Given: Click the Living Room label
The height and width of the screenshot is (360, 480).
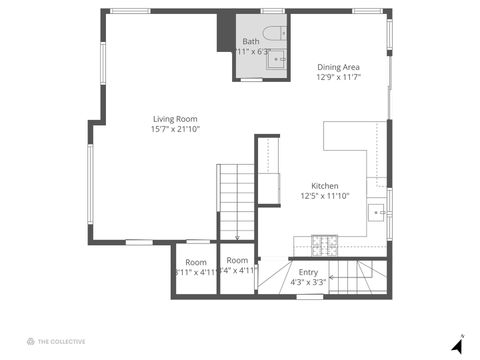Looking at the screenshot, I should pos(175,118).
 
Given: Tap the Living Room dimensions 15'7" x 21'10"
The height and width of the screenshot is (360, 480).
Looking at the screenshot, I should pos(175,129).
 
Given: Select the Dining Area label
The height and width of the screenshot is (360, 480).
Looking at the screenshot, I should pos(337,66).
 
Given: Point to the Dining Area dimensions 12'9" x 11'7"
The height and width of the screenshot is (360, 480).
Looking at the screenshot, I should pos(337,77).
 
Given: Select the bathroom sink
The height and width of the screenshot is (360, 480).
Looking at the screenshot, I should pos(277,60).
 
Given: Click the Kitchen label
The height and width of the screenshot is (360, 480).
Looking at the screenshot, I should pos(325,186).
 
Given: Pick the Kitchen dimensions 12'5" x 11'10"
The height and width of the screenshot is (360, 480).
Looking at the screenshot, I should pos(325,197).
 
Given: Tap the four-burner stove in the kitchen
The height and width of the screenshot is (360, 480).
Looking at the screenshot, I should pos(325,242).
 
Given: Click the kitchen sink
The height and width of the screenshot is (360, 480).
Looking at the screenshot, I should pos(378,212).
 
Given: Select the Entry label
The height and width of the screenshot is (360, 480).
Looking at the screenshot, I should pos(308,272).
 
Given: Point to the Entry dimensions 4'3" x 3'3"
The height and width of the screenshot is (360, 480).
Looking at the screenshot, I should pos(308,283).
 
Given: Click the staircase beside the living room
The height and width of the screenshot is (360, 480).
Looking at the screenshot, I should pos(236,200).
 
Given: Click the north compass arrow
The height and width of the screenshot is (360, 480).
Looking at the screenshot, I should pos(457,345).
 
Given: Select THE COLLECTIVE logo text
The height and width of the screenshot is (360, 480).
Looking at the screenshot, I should pos(61,341).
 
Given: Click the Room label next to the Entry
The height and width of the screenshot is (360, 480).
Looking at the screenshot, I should pos(237,260).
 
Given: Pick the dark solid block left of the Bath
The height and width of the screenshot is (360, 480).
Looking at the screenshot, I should pos(225,32).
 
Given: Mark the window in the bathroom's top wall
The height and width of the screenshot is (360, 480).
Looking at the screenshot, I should pos(272,11).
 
